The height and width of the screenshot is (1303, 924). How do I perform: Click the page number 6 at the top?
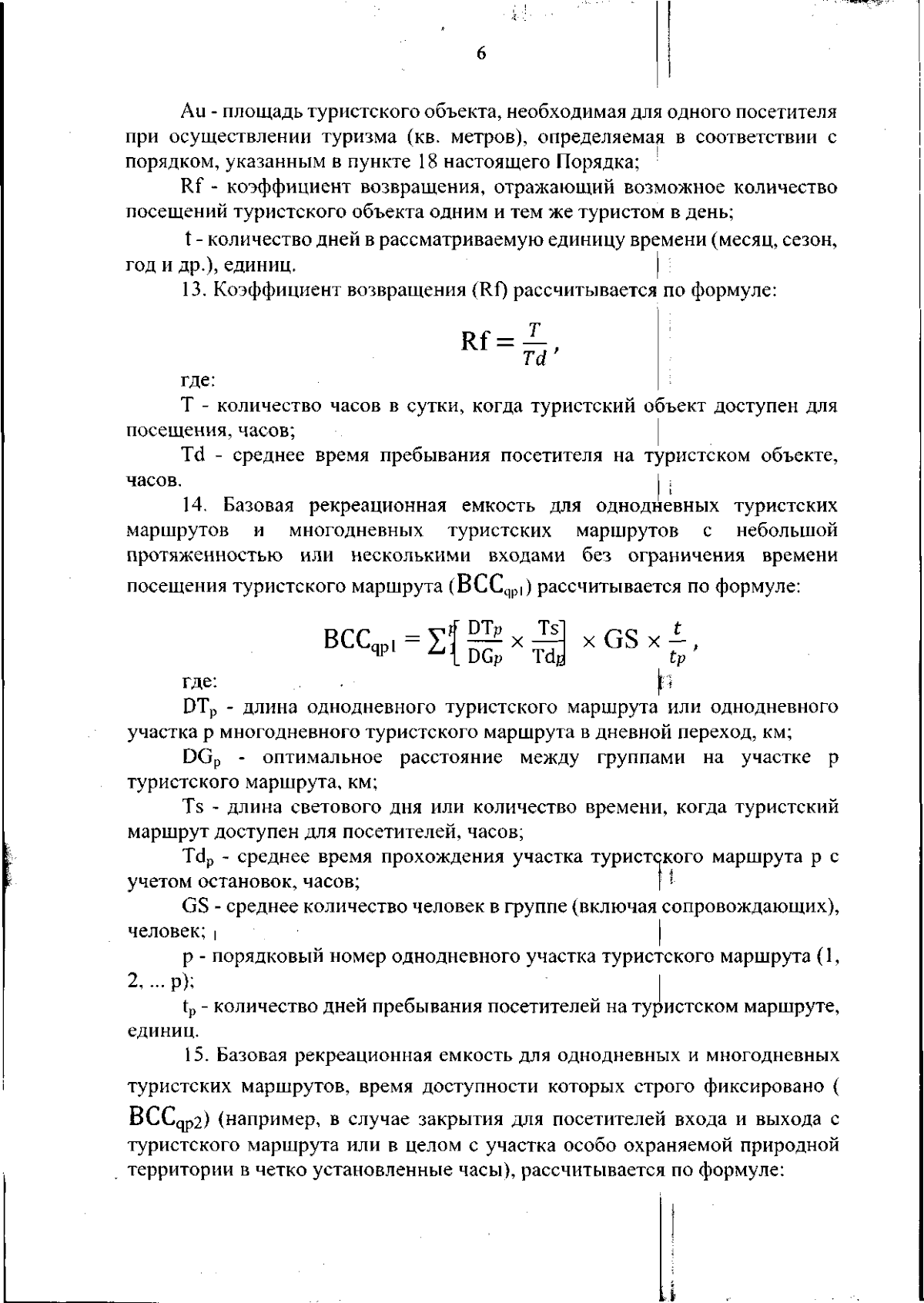[x=481, y=53]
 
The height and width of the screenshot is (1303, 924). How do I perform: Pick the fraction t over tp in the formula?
[x=676, y=641]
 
